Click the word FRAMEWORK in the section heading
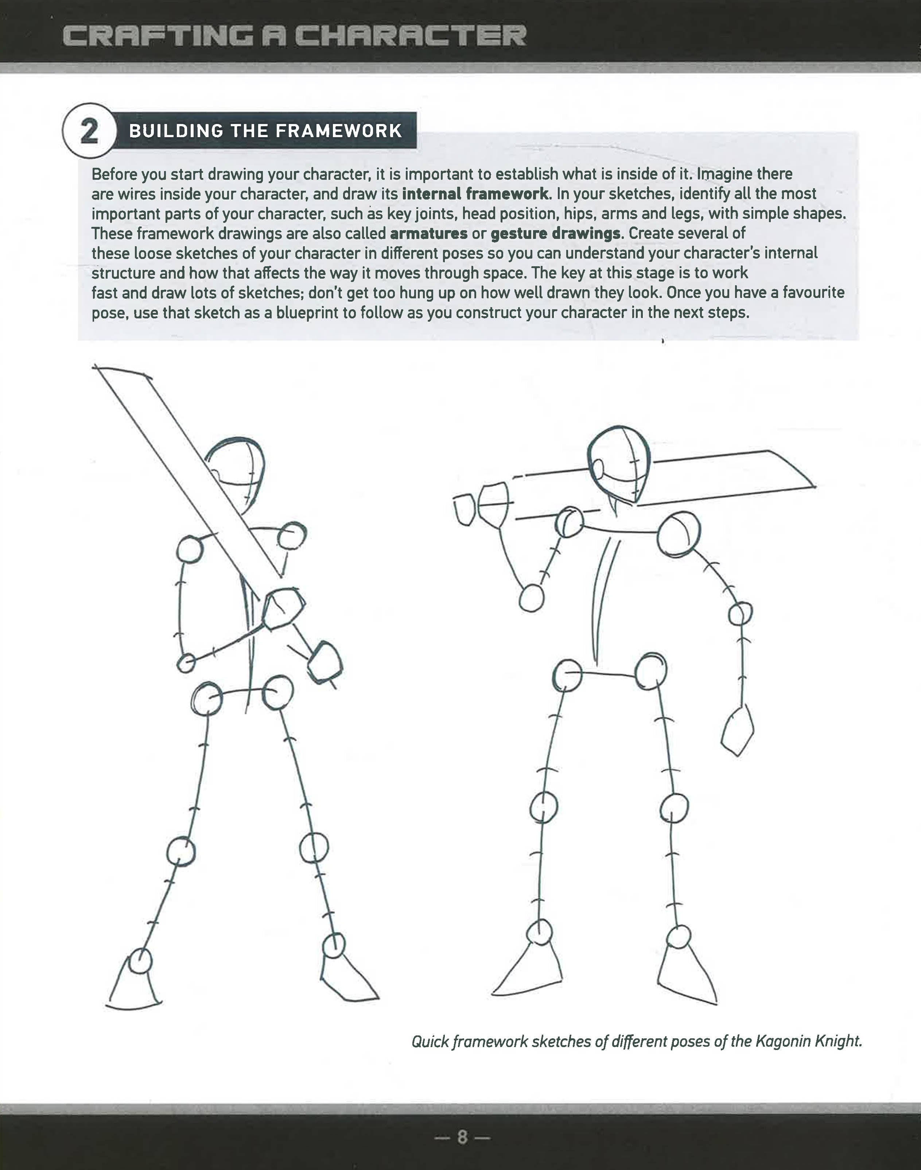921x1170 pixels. click(x=339, y=131)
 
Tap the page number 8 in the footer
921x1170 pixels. click(x=462, y=1136)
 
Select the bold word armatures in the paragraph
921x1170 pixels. click(x=428, y=233)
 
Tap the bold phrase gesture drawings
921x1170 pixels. click(x=555, y=233)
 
